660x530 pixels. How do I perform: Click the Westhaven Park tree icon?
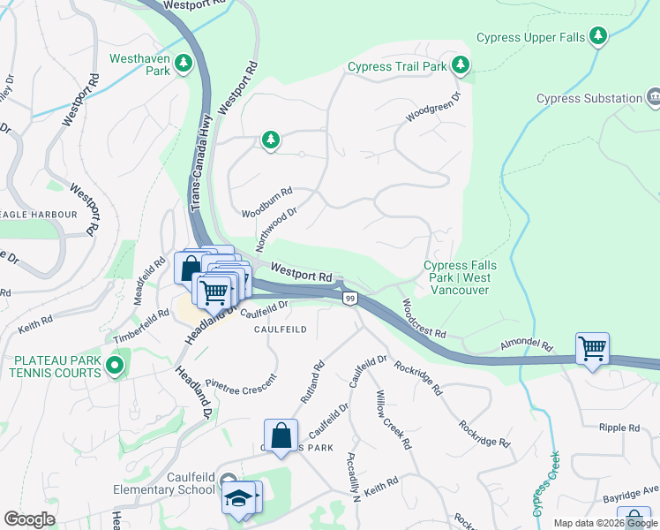tap(184, 63)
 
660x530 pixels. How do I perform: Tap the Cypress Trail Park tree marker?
tap(460, 64)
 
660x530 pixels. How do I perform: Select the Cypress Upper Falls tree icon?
tap(599, 35)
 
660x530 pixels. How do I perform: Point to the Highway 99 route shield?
tap(350, 299)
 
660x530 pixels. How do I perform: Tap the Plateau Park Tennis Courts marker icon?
tap(114, 365)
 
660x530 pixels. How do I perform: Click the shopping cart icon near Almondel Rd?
tap(591, 347)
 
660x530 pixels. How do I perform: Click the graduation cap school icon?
tap(236, 498)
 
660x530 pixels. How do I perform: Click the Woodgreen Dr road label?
tap(433, 107)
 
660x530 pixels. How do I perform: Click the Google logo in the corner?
tap(29, 519)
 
